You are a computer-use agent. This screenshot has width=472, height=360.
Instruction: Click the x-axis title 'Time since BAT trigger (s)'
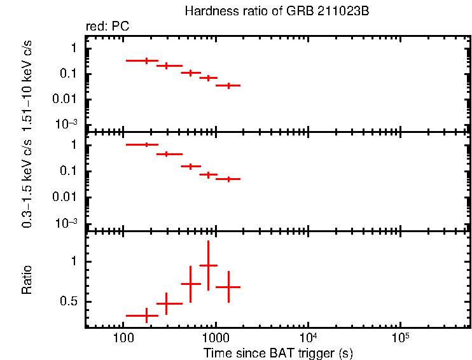click(x=278, y=353)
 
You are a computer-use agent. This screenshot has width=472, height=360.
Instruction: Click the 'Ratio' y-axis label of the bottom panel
click(x=27, y=280)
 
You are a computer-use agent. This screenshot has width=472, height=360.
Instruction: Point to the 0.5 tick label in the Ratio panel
click(x=68, y=302)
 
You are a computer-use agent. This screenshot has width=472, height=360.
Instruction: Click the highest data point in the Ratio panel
click(x=208, y=265)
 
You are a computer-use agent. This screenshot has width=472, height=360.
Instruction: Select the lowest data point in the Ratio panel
click(x=147, y=315)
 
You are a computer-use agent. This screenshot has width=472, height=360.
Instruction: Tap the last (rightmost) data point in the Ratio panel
click(x=228, y=287)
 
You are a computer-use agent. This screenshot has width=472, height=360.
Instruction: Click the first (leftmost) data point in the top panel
click(x=147, y=60)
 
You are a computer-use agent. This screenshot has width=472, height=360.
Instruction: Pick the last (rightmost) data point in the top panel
click(x=228, y=85)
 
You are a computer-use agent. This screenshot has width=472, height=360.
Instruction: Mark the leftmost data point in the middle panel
click(x=147, y=145)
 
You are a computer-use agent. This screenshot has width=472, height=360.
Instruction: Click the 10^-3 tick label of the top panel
click(x=66, y=125)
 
